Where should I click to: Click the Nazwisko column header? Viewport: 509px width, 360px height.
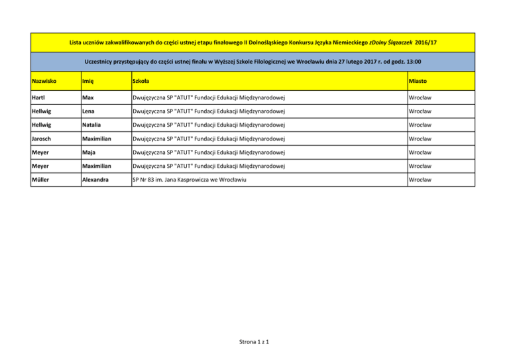[x=44, y=82]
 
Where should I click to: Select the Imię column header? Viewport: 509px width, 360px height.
[x=89, y=82]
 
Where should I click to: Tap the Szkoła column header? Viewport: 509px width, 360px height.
[x=141, y=82]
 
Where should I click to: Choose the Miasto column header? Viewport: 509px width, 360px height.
[x=420, y=82]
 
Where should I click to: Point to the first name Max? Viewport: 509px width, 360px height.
[x=87, y=100]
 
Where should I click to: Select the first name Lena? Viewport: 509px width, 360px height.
[x=89, y=120]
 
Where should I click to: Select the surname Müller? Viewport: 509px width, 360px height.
[x=42, y=179]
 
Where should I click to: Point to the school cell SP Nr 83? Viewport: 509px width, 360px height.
[x=184, y=179]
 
